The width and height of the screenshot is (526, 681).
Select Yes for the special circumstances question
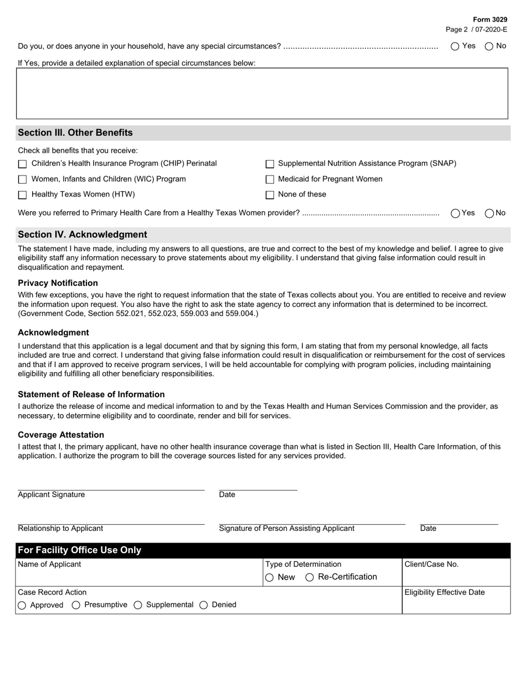[x=455, y=47]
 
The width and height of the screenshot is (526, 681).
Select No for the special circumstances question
[x=489, y=47]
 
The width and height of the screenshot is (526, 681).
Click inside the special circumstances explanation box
[x=262, y=93]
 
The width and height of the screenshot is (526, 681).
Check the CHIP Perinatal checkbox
[x=23, y=164]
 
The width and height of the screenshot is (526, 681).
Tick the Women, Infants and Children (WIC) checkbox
[x=23, y=179]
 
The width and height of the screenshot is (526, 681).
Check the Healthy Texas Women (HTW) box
[x=23, y=195]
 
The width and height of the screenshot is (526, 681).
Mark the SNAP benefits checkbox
[x=270, y=164]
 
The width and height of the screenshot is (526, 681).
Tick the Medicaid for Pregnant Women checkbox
[x=270, y=179]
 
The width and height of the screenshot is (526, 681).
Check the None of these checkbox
[x=270, y=195]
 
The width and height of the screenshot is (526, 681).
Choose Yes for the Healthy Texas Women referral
[x=456, y=213]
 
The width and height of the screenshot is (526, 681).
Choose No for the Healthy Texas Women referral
[x=489, y=213]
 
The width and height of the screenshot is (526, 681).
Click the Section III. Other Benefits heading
[x=75, y=133]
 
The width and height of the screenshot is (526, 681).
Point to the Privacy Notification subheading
[x=58, y=283]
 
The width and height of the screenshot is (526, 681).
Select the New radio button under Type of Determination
[x=270, y=577]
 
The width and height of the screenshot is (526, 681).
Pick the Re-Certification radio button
[x=310, y=577]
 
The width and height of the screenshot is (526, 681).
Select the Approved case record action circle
[x=22, y=605]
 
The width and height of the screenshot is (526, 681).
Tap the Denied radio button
[x=203, y=605]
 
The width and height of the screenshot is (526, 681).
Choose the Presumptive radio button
[x=76, y=605]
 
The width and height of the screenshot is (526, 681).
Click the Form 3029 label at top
[x=490, y=19]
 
